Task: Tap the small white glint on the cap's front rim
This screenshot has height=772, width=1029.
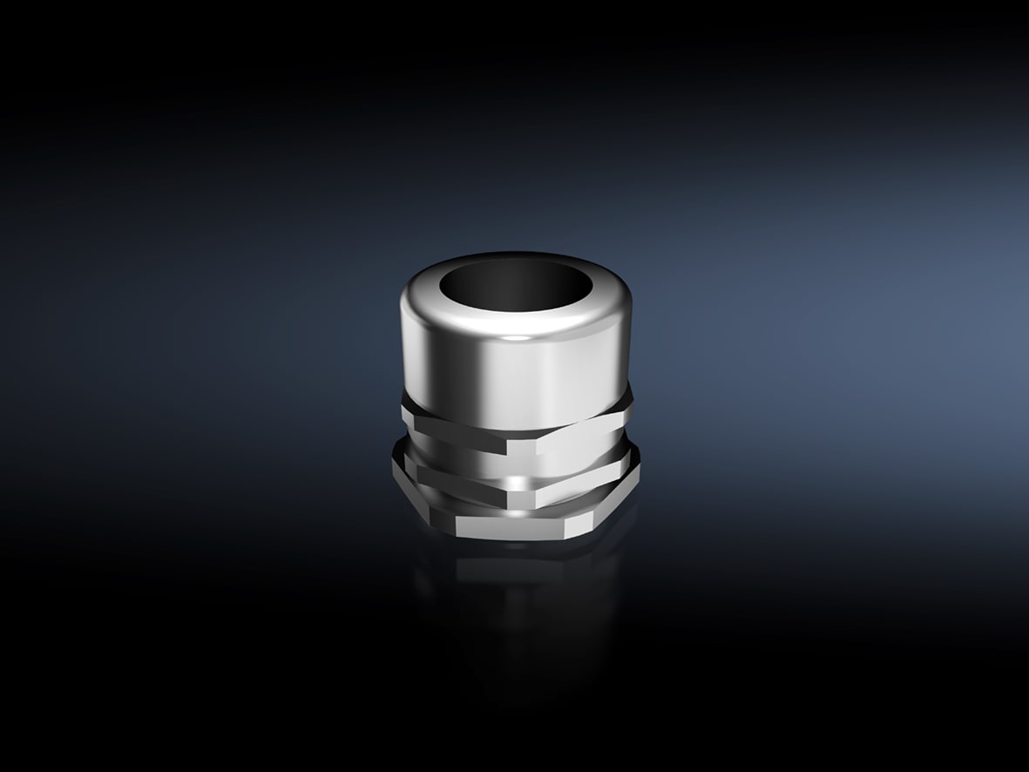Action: pos(517,335)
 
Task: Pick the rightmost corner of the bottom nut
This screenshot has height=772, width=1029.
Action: pos(641,462)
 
